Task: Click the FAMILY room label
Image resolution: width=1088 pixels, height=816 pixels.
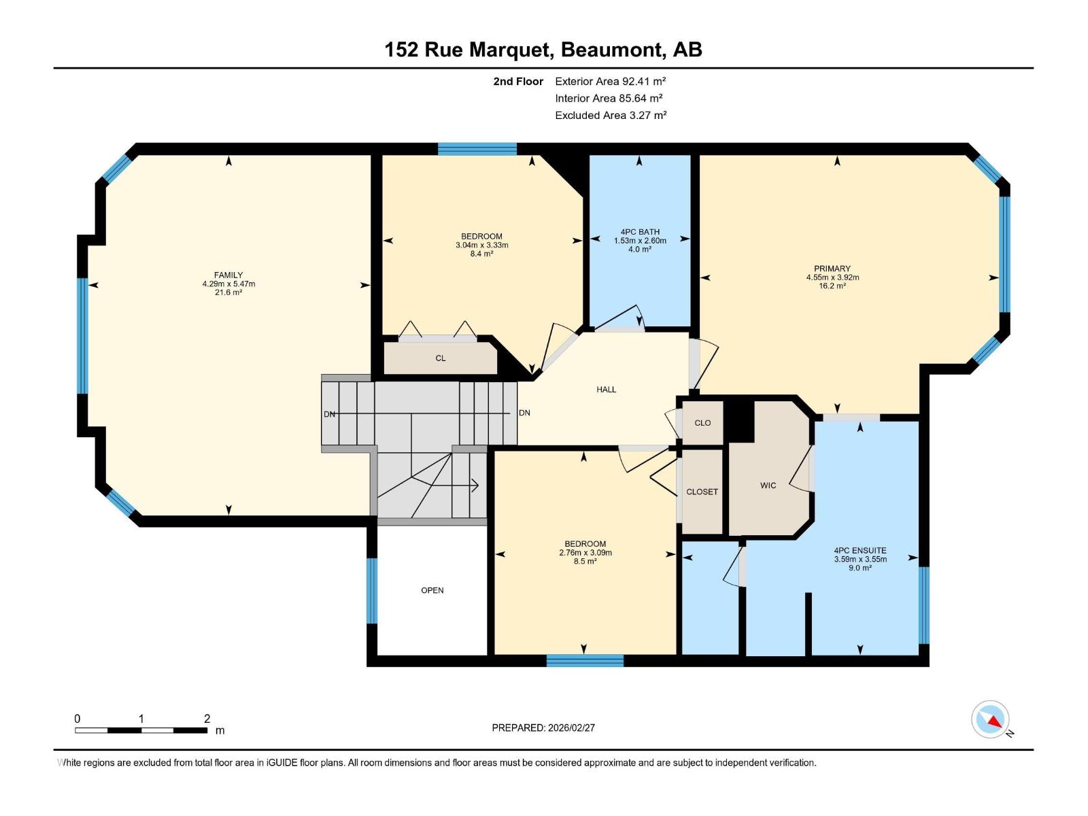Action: [x=228, y=275]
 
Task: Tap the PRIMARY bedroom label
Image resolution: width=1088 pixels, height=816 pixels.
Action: [x=832, y=269]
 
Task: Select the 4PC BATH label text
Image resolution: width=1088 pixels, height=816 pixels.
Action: [x=640, y=232]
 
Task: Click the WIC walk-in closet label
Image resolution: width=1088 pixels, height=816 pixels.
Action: [x=768, y=486]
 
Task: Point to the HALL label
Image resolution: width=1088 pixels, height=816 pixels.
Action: [x=606, y=390]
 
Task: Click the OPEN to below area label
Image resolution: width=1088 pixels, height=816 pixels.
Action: [x=432, y=590]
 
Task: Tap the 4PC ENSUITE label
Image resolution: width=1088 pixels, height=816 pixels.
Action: [x=860, y=551]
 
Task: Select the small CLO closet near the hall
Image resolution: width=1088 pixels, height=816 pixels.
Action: [x=702, y=423]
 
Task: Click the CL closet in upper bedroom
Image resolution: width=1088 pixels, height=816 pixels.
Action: [x=441, y=358]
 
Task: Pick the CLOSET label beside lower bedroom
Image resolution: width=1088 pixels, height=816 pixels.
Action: [x=702, y=492]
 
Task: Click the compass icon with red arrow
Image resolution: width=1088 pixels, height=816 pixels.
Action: [x=991, y=719]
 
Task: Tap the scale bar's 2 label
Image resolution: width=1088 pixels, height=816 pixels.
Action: [x=207, y=719]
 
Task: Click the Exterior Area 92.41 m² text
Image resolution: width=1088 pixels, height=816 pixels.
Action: [x=610, y=81]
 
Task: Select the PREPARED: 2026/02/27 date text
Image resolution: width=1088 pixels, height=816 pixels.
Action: [x=543, y=728]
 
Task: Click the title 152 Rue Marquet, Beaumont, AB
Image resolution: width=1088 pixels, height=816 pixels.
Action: [x=543, y=50]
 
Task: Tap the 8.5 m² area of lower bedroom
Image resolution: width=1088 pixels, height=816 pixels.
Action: [x=585, y=562]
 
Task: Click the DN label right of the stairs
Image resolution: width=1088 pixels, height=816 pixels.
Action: [x=524, y=413]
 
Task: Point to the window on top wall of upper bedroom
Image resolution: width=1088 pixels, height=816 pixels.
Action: [x=477, y=149]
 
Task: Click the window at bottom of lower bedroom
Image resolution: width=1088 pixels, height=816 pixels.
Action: [x=585, y=660]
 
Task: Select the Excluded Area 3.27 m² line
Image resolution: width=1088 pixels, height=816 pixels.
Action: [x=610, y=115]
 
